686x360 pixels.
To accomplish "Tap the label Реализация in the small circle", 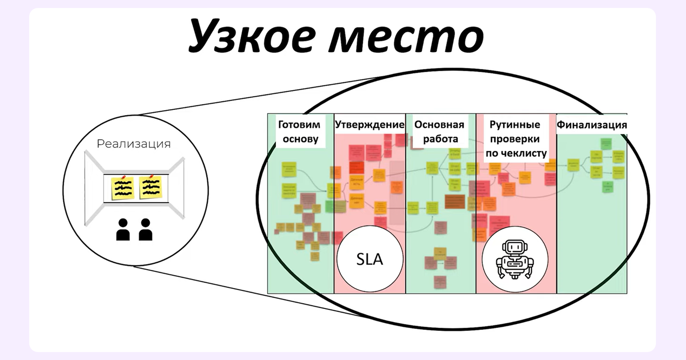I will [x=133, y=144].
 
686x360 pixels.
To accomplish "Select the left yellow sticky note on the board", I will [x=122, y=188].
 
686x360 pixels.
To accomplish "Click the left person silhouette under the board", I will [x=123, y=230].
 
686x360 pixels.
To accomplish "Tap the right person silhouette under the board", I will [x=145, y=230].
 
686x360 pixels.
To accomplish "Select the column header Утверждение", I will [x=370, y=124].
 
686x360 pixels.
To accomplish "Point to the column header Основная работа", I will [x=440, y=131].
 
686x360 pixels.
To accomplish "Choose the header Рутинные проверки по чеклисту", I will [x=516, y=138].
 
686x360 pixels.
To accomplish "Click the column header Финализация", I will [x=591, y=124].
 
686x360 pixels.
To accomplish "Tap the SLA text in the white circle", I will [x=370, y=259].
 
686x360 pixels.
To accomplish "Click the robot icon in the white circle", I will [x=514, y=259].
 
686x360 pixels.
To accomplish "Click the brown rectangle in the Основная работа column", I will [x=454, y=201].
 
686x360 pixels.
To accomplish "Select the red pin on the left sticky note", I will [x=123, y=178].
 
